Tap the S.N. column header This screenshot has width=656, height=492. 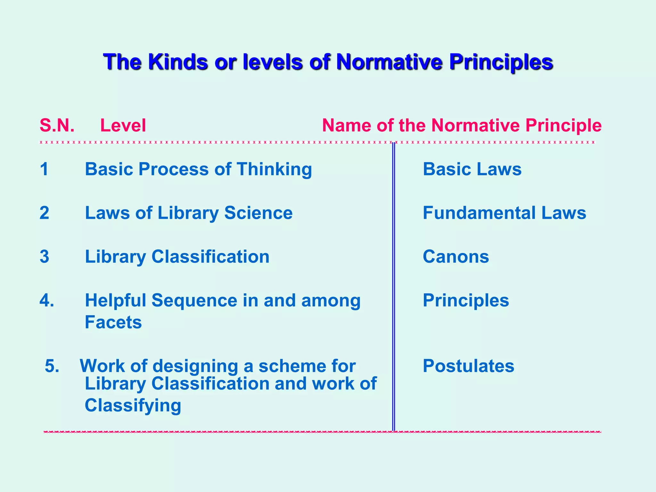click(x=57, y=125)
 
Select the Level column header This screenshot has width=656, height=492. click(x=123, y=125)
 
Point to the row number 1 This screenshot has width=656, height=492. click(x=44, y=169)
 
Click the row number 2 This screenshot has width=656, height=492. click(x=44, y=213)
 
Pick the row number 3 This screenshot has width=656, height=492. click(x=44, y=257)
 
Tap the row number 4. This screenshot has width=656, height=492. click(x=46, y=301)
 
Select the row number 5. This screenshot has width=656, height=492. click(x=52, y=366)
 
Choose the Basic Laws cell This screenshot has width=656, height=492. click(x=472, y=169)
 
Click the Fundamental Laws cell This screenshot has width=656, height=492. click(x=504, y=213)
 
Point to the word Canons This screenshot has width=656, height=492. click(x=456, y=257)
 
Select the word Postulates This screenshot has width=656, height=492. click(x=468, y=366)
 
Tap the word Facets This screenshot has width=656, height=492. click(x=113, y=322)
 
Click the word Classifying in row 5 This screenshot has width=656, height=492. click(x=133, y=406)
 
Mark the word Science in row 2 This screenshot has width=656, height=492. click(x=258, y=213)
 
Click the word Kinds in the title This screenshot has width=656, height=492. click(x=177, y=61)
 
